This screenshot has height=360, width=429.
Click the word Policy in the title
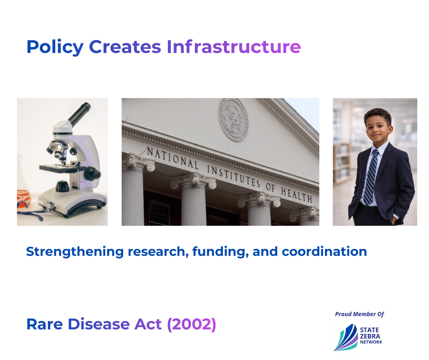pos(55,47)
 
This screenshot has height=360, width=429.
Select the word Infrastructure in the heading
pos(234,46)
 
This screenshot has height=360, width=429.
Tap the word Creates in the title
pos(125,47)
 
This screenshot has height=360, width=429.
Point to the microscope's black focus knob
pos(92,174)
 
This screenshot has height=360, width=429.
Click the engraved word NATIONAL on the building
pos(173,158)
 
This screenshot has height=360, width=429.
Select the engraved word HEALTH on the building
pos(297,194)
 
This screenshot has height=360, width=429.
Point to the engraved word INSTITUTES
pos(233,176)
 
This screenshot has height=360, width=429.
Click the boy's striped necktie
pos(371,178)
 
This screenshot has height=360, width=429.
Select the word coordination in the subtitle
pos(324,251)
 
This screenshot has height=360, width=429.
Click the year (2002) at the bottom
pos(192,324)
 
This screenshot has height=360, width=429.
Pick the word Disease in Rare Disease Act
pos(99,324)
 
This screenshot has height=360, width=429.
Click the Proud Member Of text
pos(360,314)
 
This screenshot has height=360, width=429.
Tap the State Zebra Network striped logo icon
pos(346,337)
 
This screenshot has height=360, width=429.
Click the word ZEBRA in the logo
pos(370,336)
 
